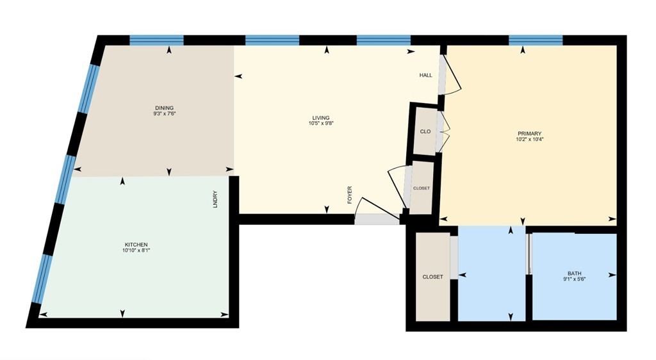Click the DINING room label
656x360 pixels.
point(164,108)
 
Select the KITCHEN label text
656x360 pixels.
point(136,245)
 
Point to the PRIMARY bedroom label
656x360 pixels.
point(529,134)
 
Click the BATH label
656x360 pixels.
point(575,274)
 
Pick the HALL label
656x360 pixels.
point(426,75)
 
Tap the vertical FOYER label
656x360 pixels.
point(350,195)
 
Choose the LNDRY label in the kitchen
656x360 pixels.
point(215,199)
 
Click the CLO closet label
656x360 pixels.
point(425,131)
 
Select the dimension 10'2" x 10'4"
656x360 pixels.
point(529,139)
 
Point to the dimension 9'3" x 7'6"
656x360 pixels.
point(165,113)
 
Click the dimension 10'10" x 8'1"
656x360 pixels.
point(136,250)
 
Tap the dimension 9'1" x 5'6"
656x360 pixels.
point(575,279)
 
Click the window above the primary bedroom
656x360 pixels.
point(536,40)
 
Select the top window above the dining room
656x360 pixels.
point(156,40)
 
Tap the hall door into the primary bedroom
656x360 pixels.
point(451,75)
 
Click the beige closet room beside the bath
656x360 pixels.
point(432,277)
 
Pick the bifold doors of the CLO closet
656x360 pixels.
point(443,131)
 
